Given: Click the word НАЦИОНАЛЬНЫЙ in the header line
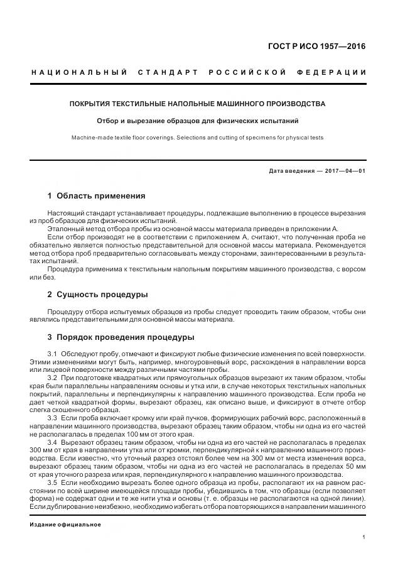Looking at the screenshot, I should click(x=78, y=72).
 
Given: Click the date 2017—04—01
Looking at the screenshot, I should click(x=344, y=171).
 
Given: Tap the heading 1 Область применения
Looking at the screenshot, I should click(x=96, y=196).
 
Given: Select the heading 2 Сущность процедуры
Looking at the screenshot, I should click(x=97, y=294).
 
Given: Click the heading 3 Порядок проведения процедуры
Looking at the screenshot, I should click(x=121, y=337).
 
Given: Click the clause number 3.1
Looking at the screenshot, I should click(x=53, y=354).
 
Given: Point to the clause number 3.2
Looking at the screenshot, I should click(x=53, y=377).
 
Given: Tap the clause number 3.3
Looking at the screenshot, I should click(x=53, y=417).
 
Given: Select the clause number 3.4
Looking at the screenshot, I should click(x=53, y=442).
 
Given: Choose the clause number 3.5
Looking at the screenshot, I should click(x=53, y=482).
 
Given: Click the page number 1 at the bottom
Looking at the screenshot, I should click(x=364, y=536).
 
